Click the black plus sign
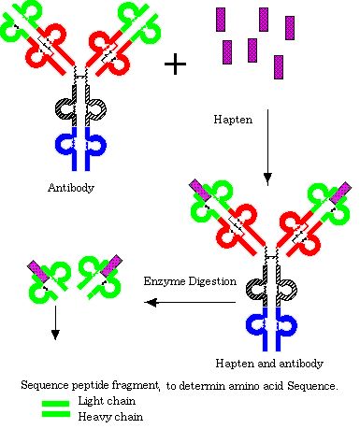[175, 64]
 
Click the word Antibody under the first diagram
[71, 188]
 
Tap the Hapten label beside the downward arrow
[233, 120]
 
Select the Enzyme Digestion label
[190, 281]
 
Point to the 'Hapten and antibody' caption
[269, 364]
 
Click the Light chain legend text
[107, 401]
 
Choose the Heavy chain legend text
[110, 417]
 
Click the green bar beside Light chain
[56, 404]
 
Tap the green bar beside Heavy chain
[56, 414]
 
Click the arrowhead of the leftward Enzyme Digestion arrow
[151, 302]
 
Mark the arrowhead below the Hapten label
[267, 179]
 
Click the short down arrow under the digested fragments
[55, 322]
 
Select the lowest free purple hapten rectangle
[279, 67]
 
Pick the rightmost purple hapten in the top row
[290, 28]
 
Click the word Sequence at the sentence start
[45, 386]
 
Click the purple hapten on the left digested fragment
[39, 272]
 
